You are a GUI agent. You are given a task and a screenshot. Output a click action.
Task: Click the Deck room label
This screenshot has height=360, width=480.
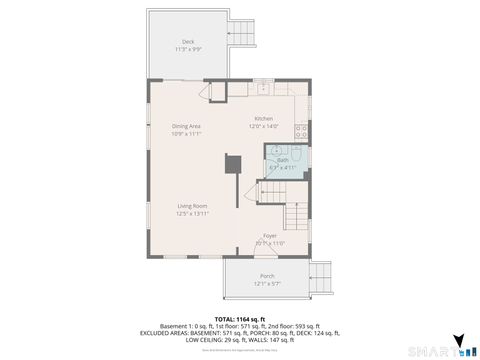(x=187, y=41)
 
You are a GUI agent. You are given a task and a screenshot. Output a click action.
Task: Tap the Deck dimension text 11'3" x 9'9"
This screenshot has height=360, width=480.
(x=187, y=49)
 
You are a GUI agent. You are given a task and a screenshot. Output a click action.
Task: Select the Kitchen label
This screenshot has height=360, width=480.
(x=263, y=118)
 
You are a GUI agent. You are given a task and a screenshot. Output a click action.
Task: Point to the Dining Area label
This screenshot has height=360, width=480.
(x=186, y=126)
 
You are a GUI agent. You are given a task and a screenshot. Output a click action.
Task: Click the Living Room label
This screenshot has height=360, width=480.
(x=192, y=206)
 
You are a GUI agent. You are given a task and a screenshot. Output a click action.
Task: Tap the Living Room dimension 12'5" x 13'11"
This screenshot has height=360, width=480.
(x=192, y=214)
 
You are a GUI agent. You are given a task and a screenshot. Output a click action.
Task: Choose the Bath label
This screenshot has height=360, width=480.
(x=283, y=159)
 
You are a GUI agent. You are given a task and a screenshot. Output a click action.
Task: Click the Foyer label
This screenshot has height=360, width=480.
(x=270, y=235)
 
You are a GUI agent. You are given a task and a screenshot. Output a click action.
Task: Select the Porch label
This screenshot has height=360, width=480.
(x=267, y=276)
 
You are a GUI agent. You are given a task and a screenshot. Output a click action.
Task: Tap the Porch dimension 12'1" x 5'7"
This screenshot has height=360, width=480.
(x=267, y=284)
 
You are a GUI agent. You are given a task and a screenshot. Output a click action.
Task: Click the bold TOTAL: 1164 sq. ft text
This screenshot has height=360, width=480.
(x=240, y=317)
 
